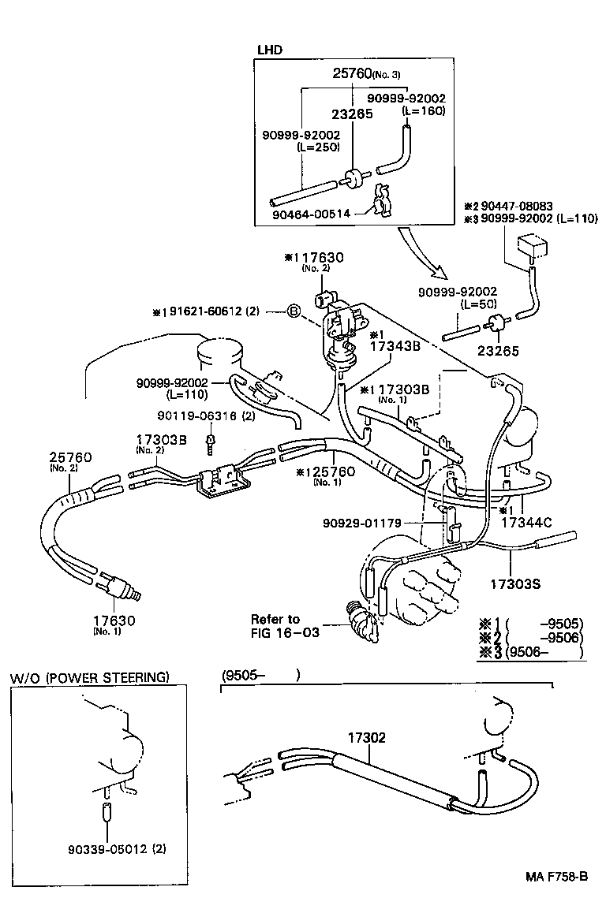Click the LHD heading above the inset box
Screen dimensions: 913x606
[270, 50]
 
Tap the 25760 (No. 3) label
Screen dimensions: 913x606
[366, 74]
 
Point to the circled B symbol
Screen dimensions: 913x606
[294, 312]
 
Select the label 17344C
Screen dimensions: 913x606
[526, 522]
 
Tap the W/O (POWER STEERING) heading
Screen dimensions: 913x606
[89, 677]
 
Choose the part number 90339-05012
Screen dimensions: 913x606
[110, 848]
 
